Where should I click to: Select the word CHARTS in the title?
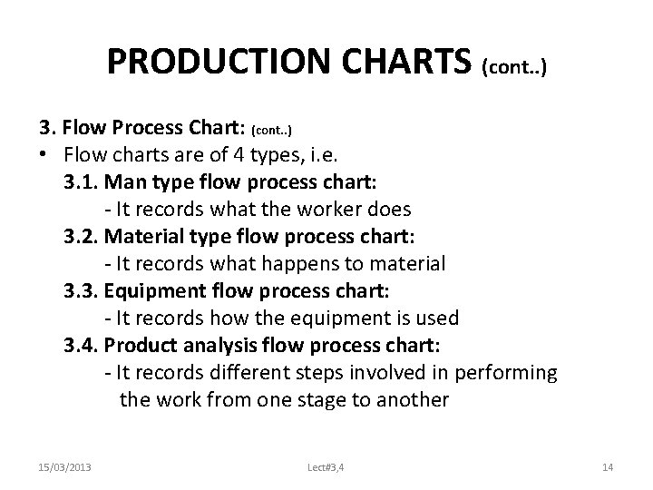coord(394,63)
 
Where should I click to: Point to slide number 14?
coord(608,466)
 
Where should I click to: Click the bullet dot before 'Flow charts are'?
coord(42,155)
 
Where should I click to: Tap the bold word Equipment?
coord(153,291)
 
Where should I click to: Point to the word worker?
coord(332,210)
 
